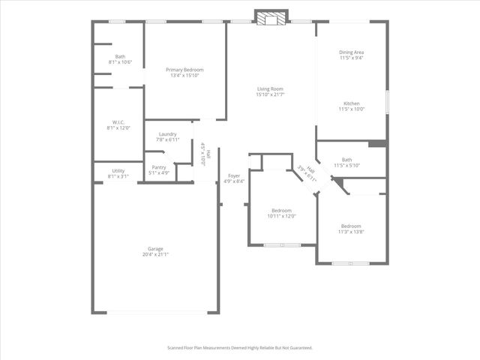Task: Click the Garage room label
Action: [155, 248]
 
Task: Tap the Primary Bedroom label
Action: [184, 70]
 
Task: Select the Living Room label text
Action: [269, 89]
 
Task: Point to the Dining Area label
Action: [351, 52]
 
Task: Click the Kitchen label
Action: [351, 103]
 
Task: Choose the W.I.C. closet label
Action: [118, 122]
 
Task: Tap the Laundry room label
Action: [167, 134]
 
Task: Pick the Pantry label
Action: [159, 167]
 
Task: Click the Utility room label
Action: [118, 171]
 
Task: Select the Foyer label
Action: [235, 175]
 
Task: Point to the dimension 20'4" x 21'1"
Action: [155, 254]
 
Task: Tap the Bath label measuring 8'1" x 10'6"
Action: [120, 56]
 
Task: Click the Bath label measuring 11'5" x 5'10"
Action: [346, 159]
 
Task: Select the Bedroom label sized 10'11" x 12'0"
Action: [282, 211]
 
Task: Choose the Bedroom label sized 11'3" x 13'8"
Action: [351, 226]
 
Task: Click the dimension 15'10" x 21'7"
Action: [269, 94]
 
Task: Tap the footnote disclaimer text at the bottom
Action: [239, 348]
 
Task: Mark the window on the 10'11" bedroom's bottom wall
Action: [282, 244]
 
